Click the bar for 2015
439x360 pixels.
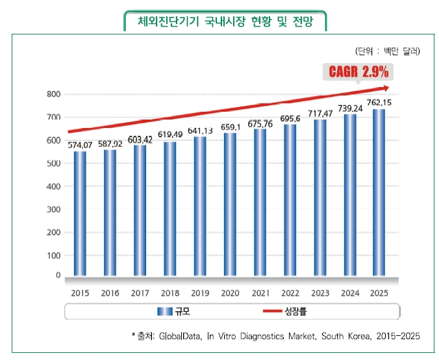(x=79, y=213)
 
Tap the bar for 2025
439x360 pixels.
(x=379, y=193)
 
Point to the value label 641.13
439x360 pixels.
(x=200, y=131)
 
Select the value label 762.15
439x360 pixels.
(x=379, y=103)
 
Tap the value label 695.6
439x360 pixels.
(x=290, y=119)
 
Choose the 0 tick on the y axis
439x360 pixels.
(x=57, y=276)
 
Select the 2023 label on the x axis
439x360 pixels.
(x=319, y=293)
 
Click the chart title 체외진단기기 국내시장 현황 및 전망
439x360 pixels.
(x=225, y=21)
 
